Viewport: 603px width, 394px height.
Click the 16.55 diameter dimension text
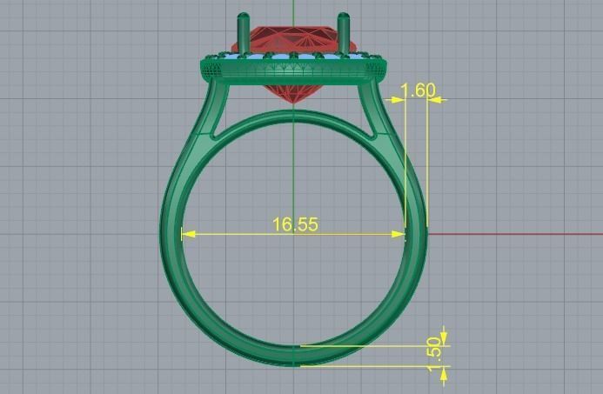(x=295, y=224)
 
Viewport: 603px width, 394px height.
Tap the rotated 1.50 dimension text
(x=434, y=352)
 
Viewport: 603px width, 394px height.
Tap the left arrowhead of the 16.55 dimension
(x=185, y=234)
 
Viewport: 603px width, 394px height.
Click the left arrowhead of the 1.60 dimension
(x=403, y=99)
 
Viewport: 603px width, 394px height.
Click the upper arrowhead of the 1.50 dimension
(x=444, y=338)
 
